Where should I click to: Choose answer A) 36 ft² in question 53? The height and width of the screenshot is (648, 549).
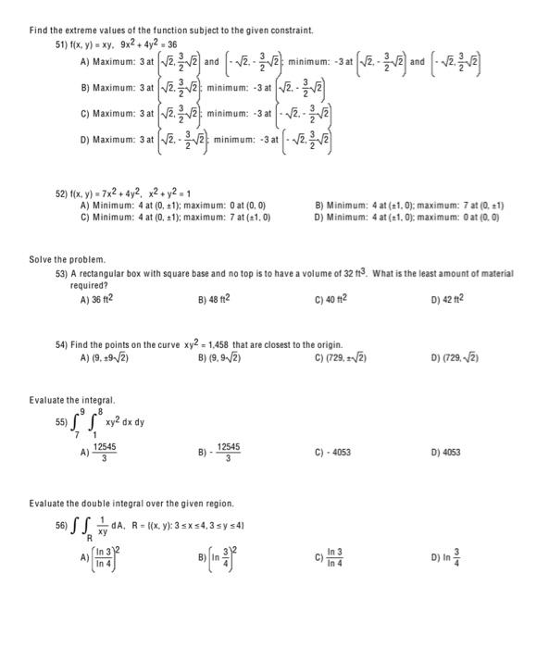(97, 299)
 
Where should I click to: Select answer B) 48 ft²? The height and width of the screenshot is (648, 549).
(214, 299)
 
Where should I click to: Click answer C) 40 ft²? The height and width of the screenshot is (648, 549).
(331, 299)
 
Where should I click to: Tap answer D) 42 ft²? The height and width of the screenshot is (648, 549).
(447, 299)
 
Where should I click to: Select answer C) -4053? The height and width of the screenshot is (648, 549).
(332, 453)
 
